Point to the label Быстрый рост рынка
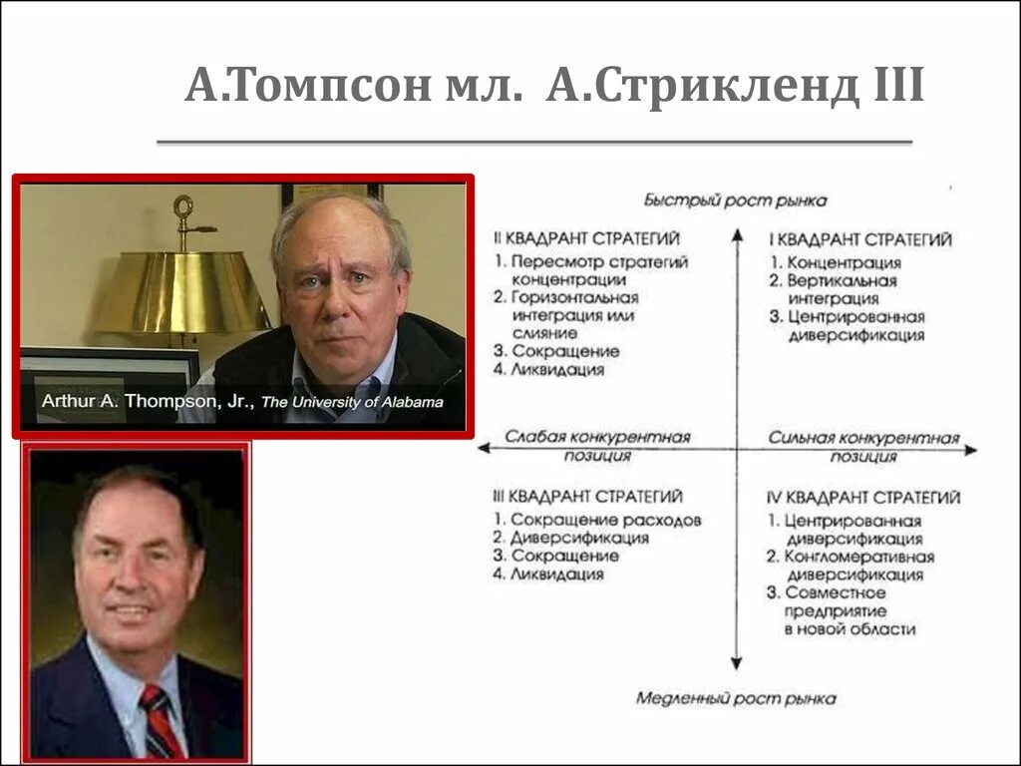click(x=735, y=200)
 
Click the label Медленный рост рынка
click(x=736, y=698)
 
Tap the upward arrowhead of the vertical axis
click(x=736, y=235)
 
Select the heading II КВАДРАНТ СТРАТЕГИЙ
click(x=587, y=238)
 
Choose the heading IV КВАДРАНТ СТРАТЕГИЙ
click(x=863, y=497)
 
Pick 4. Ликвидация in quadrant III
click(x=549, y=574)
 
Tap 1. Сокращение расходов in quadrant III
click(x=597, y=520)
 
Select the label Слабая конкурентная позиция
click(x=597, y=446)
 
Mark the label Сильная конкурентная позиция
click(x=863, y=446)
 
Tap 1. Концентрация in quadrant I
click(x=836, y=262)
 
